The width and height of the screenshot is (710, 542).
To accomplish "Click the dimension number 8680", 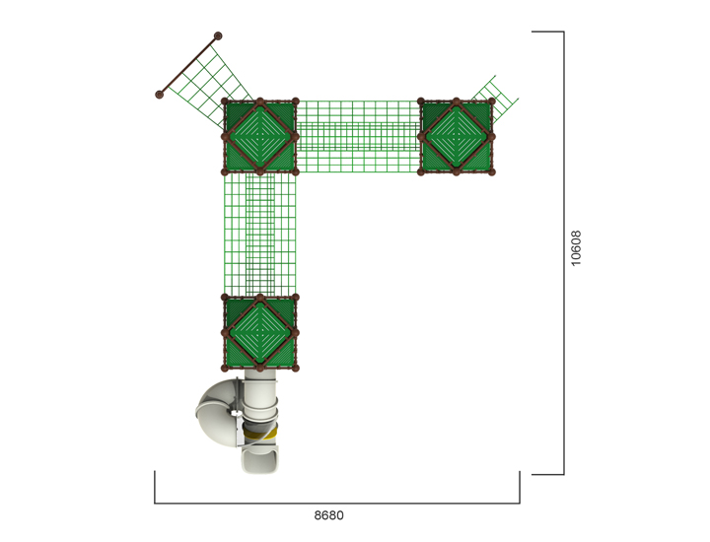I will [329, 514].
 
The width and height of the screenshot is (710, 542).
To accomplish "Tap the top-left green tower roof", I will [259, 136].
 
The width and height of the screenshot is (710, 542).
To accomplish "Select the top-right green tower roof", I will [457, 136].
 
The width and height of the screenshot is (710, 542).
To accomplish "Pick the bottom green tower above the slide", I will [259, 332].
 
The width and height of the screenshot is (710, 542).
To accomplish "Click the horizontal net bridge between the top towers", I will [358, 136].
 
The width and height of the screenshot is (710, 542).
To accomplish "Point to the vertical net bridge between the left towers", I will [260, 235].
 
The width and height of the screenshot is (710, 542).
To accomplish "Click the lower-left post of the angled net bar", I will [159, 96].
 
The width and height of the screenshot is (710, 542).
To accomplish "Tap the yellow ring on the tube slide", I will [263, 431].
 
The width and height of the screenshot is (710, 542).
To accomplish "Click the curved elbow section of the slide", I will [217, 414].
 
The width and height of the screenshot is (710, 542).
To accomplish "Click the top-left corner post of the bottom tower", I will [225, 297].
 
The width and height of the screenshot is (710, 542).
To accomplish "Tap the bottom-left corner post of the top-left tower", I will [225, 171].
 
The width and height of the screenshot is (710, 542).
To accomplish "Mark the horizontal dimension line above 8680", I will [336, 503].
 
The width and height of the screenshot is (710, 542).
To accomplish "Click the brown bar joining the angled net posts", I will [188, 66].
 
